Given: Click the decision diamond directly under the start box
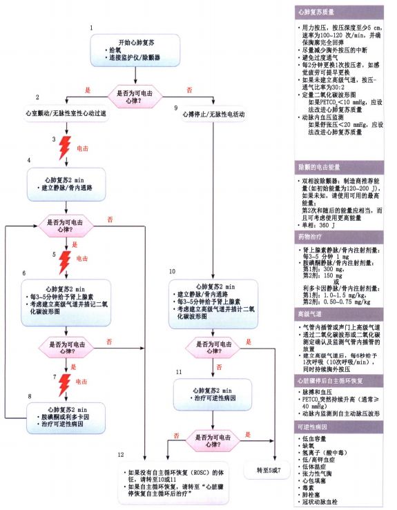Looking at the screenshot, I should pyautogui.click(x=136, y=96).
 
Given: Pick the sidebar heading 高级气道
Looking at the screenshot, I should pyautogui.click(x=309, y=313).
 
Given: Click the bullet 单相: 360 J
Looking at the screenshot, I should pyautogui.click(x=318, y=224).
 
